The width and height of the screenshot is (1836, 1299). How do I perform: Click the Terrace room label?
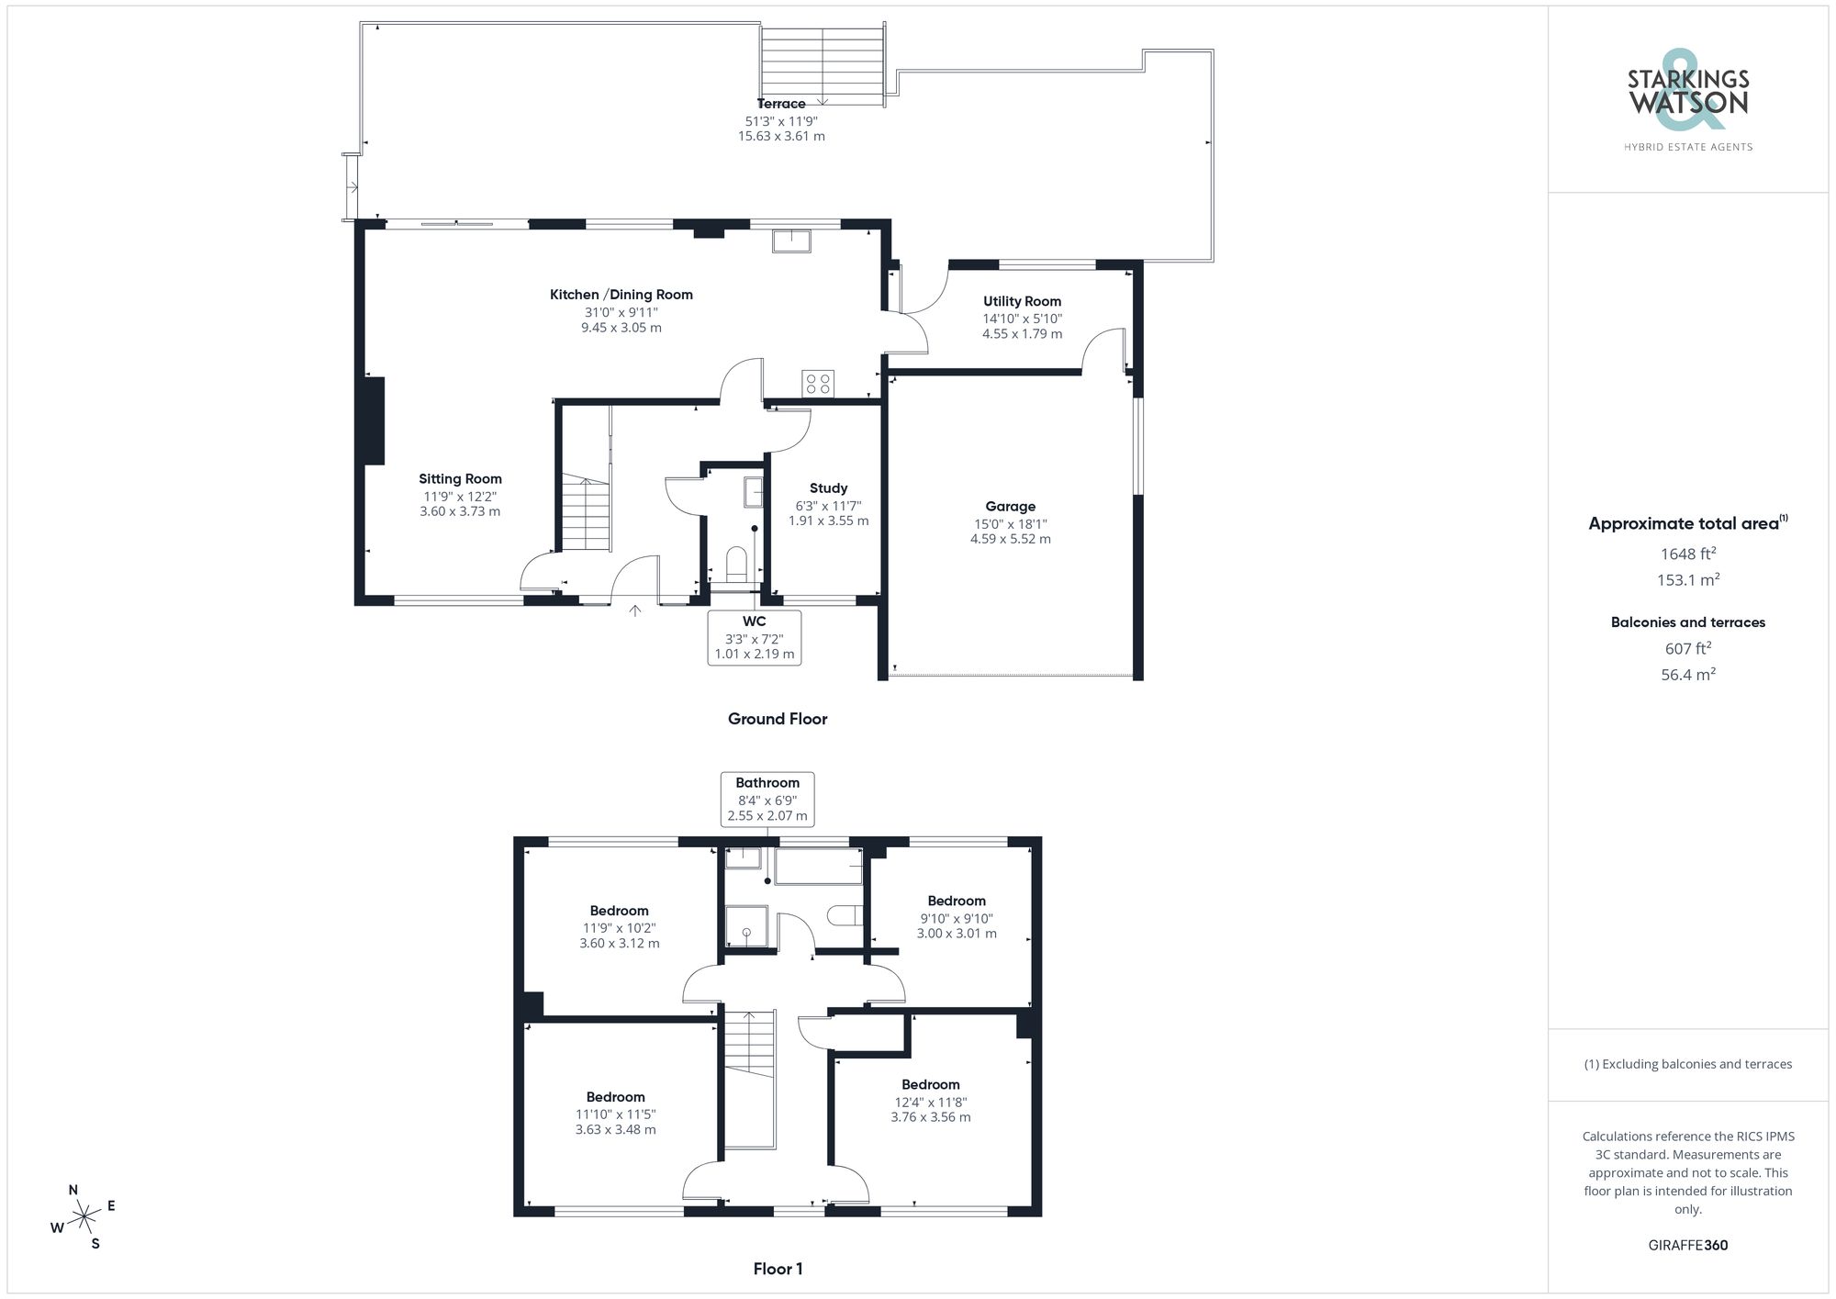tap(781, 104)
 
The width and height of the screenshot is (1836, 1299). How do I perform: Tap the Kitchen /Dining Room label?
tap(621, 295)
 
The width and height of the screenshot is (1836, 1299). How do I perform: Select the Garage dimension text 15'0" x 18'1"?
tap(1011, 524)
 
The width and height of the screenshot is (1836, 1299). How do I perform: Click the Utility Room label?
tap(1022, 301)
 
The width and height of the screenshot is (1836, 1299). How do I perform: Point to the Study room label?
tap(828, 488)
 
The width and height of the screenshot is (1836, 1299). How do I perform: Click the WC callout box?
tap(755, 637)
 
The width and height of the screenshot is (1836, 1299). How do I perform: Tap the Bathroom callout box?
tap(767, 799)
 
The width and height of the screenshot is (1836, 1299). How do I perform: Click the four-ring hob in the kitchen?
tap(818, 384)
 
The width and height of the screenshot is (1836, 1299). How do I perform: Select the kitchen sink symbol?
tap(791, 241)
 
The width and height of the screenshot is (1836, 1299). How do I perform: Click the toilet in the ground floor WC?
tap(736, 563)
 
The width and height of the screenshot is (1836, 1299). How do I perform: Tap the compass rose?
tap(84, 1217)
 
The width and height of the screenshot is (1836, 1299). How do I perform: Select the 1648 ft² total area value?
tap(1688, 554)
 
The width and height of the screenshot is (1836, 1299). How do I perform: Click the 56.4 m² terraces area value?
tap(1688, 675)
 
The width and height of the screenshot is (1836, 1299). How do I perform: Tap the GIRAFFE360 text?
tap(1688, 1246)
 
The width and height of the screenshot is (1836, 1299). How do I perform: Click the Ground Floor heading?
tap(778, 719)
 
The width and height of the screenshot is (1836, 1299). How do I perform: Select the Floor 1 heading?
tap(778, 1269)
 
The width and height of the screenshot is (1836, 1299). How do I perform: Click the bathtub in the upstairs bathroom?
tap(819, 867)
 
